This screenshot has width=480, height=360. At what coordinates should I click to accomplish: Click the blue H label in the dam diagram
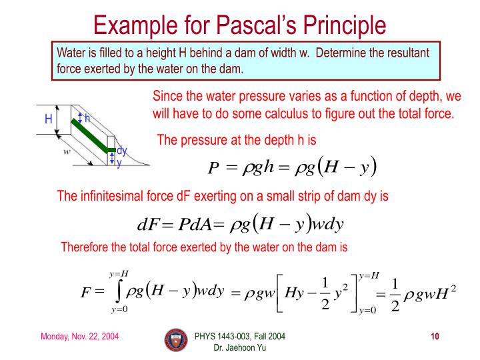point(48,121)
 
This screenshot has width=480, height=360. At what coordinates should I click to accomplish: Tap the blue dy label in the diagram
point(122,151)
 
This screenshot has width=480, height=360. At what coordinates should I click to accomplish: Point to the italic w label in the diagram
point(67,151)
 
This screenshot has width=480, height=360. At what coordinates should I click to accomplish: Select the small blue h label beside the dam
point(87,118)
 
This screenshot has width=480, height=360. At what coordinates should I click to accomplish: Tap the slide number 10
point(435,335)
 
